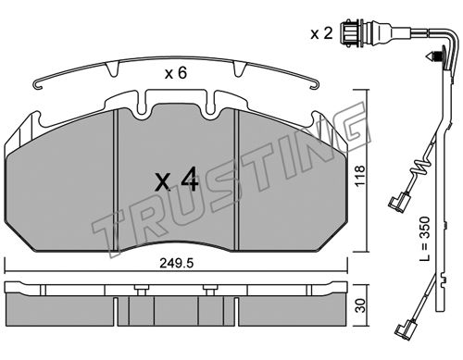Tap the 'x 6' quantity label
[x=176, y=73]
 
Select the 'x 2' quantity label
[x=321, y=33]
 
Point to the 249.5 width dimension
[x=177, y=263]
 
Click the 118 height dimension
[x=360, y=176]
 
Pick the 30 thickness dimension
[x=360, y=305]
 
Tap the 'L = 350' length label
[x=425, y=239]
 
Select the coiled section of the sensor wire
[x=422, y=168]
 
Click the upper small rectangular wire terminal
[x=396, y=202]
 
